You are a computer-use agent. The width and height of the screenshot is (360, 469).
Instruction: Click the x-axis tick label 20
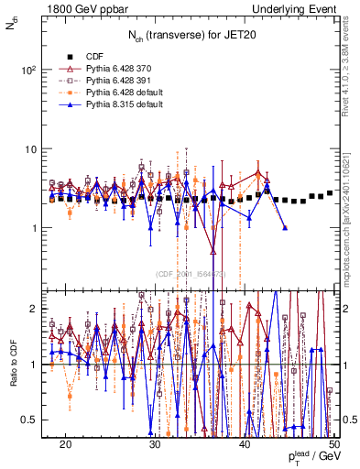[65, 443]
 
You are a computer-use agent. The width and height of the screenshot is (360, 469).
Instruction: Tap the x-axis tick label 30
[155, 443]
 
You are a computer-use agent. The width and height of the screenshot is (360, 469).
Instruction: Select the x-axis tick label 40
[245, 443]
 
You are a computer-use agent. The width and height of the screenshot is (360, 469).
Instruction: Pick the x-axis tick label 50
[333, 443]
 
